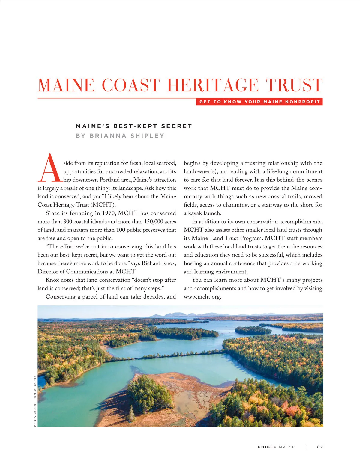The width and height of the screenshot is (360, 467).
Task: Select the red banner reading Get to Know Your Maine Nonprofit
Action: [259, 102]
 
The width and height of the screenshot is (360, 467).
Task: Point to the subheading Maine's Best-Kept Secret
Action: [134, 126]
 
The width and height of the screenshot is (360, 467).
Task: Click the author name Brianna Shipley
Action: [127, 136]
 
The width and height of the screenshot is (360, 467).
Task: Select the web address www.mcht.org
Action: [202, 297]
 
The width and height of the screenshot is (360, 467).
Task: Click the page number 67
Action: [320, 447]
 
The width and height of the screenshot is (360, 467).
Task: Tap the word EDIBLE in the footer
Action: [267, 447]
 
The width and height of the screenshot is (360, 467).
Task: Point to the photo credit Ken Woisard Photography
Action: [35, 401]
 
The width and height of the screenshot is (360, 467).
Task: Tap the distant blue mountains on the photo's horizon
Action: [177, 315]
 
